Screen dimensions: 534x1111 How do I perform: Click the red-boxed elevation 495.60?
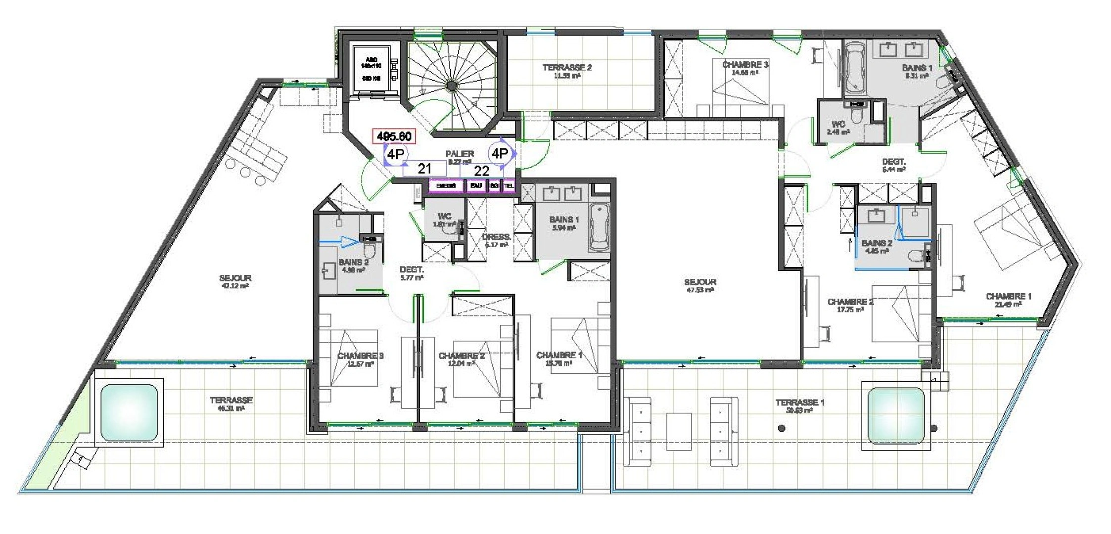(394, 136)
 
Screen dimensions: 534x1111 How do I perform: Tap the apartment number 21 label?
(424, 169)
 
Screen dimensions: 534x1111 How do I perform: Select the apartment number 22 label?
(481, 171)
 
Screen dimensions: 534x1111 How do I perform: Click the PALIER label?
(460, 154)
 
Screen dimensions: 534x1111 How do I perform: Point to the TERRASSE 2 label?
(567, 68)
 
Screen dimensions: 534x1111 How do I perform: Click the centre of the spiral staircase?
(451, 87)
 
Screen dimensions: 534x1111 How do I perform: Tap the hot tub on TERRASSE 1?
(895, 415)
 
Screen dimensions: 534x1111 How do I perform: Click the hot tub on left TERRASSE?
(129, 412)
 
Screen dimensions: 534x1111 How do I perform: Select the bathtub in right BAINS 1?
(855, 68)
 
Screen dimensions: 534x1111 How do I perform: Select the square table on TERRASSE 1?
(679, 431)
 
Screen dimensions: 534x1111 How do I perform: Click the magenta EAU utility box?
(476, 185)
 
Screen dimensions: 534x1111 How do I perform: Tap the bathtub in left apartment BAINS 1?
(600, 228)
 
